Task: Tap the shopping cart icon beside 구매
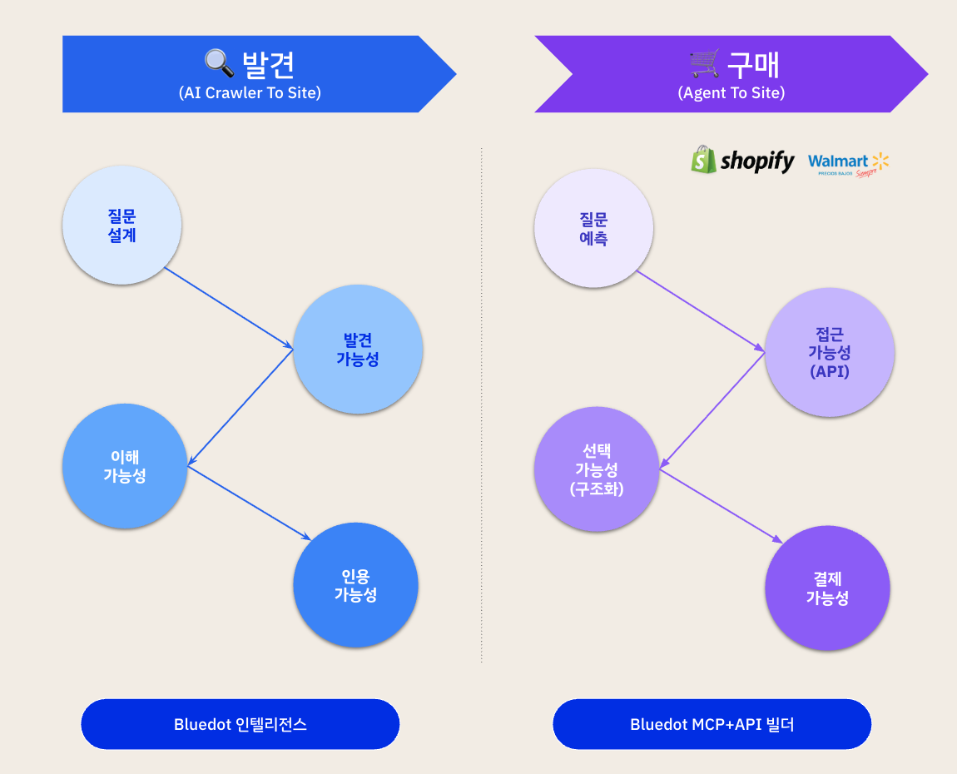point(705,62)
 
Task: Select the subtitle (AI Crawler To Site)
point(250,93)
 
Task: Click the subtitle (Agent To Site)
point(731,93)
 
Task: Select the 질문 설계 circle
point(122,226)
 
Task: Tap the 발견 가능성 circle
point(358,350)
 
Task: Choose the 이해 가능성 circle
point(125,466)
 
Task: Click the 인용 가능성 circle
point(356,585)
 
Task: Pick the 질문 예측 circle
point(594,228)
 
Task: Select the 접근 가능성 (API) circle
point(830,352)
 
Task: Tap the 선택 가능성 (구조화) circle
point(597,470)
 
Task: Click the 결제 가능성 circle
point(827,588)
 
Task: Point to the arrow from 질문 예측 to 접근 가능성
point(701,311)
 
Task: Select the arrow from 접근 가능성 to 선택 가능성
point(712,409)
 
